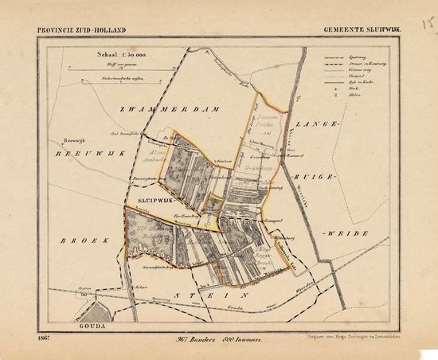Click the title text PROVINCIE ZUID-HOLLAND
(80, 31)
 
